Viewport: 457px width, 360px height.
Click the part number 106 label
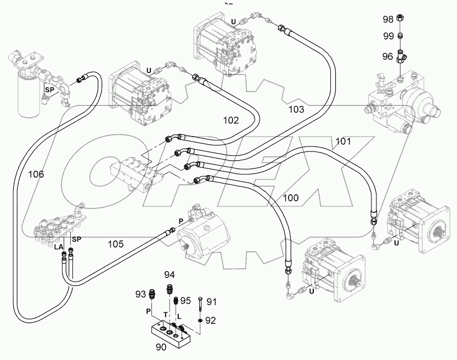click(x=36, y=174)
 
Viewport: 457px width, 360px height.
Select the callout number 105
click(x=116, y=244)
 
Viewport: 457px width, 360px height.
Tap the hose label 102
click(x=231, y=119)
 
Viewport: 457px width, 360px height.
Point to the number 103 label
click(x=296, y=109)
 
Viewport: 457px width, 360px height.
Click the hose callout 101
click(x=343, y=142)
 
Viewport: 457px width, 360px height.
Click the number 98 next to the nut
click(x=388, y=19)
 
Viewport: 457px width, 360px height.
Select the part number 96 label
click(x=388, y=55)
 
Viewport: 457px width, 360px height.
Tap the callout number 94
click(x=170, y=274)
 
